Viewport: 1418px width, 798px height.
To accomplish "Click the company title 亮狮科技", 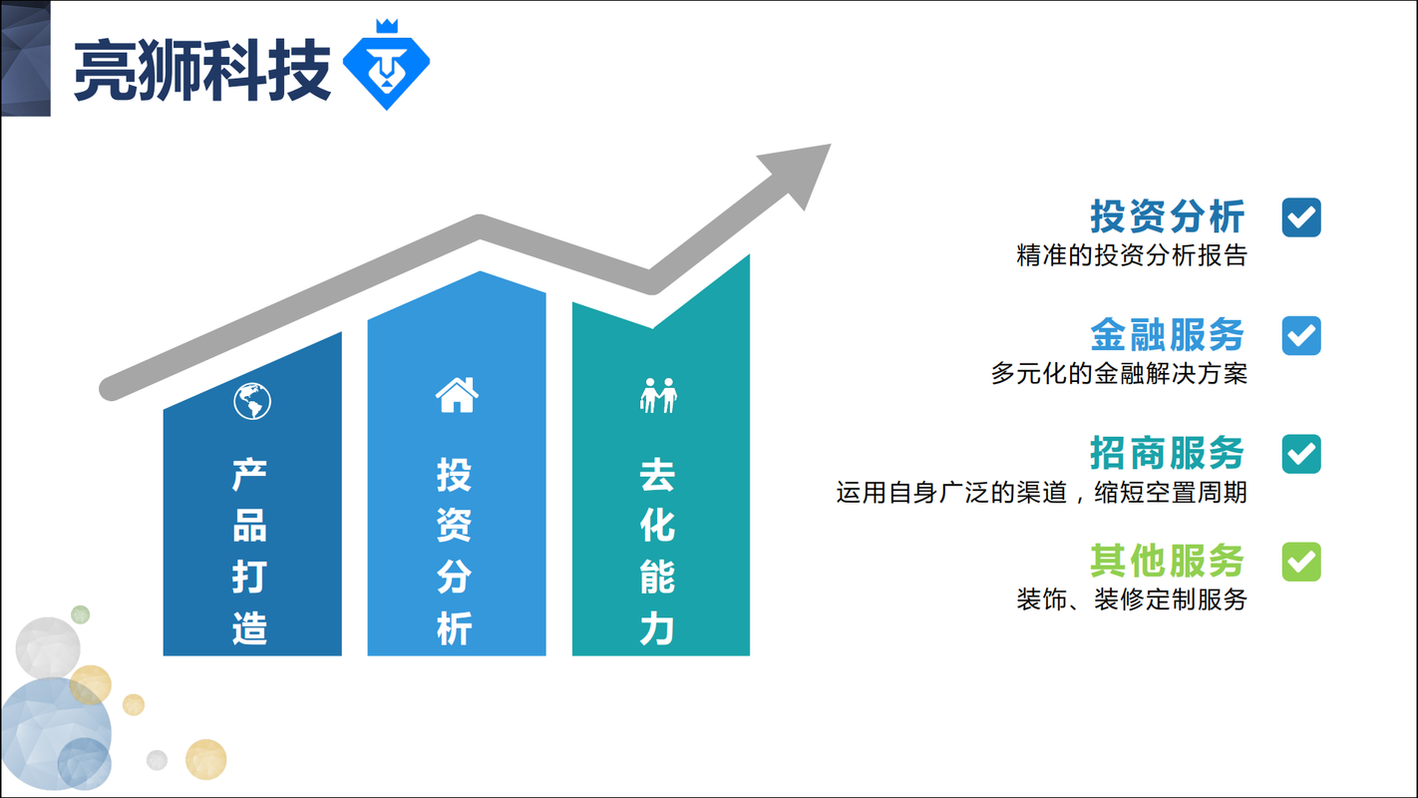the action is [202, 70].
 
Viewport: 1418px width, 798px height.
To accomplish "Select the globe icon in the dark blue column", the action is [252, 401].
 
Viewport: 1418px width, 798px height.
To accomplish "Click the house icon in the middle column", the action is [457, 395].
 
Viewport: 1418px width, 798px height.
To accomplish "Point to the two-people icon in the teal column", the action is [658, 396].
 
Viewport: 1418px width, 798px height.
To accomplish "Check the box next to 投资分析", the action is [1301, 217].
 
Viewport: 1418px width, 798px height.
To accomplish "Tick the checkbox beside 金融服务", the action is [1301, 336].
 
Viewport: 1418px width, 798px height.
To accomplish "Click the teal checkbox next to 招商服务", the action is [1301, 454].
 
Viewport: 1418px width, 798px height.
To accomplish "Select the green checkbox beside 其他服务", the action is [1301, 562].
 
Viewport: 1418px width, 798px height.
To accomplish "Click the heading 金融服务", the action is [1168, 334].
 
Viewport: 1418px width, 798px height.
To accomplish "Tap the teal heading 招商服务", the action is [1168, 453].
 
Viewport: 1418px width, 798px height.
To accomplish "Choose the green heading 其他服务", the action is [1168, 561].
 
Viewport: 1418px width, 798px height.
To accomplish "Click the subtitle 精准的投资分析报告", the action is [1132, 255].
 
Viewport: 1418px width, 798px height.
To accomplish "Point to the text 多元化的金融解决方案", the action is [1119, 374].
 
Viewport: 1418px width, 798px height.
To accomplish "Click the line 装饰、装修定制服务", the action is [1132, 599].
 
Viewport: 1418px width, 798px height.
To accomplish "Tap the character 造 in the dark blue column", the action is [249, 628].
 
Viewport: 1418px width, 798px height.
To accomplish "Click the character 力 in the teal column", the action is [657, 628].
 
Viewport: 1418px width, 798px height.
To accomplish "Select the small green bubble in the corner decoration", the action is [81, 614].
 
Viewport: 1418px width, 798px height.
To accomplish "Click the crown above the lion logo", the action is [387, 26].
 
